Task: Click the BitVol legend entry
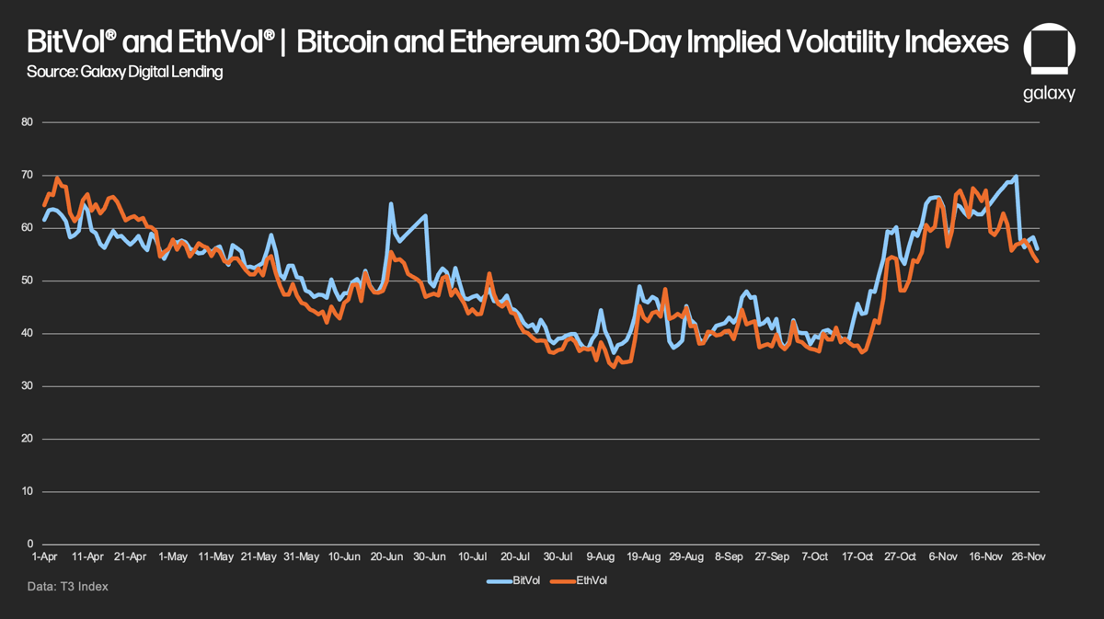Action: coord(519,580)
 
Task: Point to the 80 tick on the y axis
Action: coord(27,122)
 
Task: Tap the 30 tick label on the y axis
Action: coord(27,386)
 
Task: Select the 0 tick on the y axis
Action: coord(29,544)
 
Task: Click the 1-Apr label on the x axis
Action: coord(45,557)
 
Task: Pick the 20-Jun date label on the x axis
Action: coord(386,557)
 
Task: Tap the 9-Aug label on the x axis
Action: coord(601,557)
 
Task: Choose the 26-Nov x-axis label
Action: coord(1029,557)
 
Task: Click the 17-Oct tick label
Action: coord(857,557)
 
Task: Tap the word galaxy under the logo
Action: coord(1049,94)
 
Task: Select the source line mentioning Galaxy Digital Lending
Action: coord(125,72)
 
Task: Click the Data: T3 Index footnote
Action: coord(68,586)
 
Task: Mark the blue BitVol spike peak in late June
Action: coord(391,203)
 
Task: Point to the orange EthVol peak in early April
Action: coord(57,178)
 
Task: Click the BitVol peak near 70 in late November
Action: coord(1016,176)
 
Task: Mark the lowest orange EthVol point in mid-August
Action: coord(614,367)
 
